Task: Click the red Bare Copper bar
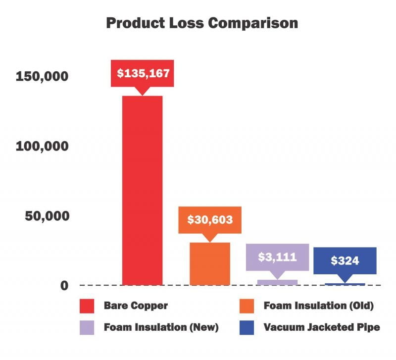tap(142, 191)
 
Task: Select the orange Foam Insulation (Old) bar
tap(210, 264)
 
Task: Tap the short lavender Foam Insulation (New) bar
tap(277, 283)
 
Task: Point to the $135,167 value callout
tap(143, 73)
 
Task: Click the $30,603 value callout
tap(210, 219)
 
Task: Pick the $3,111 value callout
tap(277, 257)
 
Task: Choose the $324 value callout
tap(345, 260)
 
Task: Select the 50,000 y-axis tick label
tap(46, 216)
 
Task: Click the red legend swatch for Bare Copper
tap(88, 306)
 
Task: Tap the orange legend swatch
tap(247, 306)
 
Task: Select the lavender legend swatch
tap(88, 327)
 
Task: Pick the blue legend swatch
tap(247, 327)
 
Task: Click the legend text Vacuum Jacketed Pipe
tap(322, 327)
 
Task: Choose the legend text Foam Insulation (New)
tap(161, 327)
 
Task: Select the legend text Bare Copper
tap(136, 306)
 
